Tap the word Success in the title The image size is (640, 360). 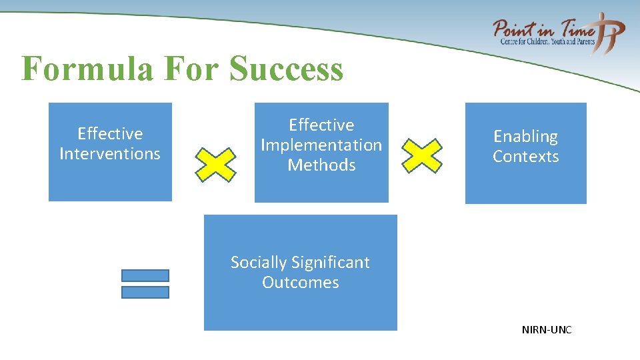click(x=286, y=69)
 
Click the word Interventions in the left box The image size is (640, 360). click(x=110, y=154)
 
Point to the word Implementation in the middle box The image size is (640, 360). click(x=321, y=145)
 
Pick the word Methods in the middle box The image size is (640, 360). click(x=321, y=165)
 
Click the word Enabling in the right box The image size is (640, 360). click(x=525, y=137)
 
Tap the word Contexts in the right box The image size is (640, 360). click(x=525, y=157)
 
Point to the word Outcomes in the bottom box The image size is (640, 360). click(x=300, y=283)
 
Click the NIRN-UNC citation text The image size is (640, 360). click(x=547, y=330)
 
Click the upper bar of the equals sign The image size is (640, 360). click(x=145, y=275)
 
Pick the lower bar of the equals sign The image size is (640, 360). click(x=145, y=292)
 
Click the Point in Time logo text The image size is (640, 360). click(x=543, y=30)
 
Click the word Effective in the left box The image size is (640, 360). click(x=110, y=134)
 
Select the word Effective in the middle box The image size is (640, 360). click(x=321, y=125)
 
